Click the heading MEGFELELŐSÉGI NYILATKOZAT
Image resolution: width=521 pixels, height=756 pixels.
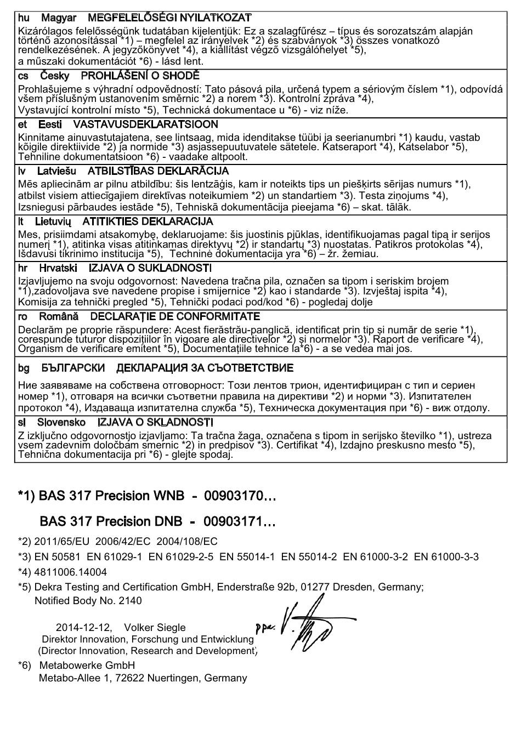pyautogui.click(x=169, y=18)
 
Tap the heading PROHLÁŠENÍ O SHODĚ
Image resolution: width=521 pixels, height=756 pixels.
pyautogui.click(x=140, y=76)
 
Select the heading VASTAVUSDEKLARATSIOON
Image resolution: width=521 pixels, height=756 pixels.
pyautogui.click(x=145, y=124)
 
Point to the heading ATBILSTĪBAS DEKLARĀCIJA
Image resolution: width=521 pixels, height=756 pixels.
pyautogui.click(x=158, y=171)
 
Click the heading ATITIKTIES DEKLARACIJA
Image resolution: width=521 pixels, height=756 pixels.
pyautogui.click(x=148, y=221)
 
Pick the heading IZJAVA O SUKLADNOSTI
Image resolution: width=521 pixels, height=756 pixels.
pyautogui.click(x=150, y=268)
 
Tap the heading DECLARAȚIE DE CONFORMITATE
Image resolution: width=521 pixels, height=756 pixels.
pyautogui.click(x=174, y=316)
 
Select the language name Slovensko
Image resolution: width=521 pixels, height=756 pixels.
pyautogui.click(x=61, y=422)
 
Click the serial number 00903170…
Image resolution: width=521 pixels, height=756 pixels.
pyautogui.click(x=240, y=496)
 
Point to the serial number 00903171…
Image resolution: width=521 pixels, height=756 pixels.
pyautogui.click(x=239, y=521)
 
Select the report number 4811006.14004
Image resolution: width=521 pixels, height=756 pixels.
pyautogui.click(x=71, y=572)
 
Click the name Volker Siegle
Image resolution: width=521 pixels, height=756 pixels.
pyautogui.click(x=155, y=628)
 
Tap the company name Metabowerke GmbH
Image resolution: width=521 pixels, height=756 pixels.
pyautogui.click(x=87, y=666)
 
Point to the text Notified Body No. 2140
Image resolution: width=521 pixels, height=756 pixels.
pyautogui.click(x=88, y=601)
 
